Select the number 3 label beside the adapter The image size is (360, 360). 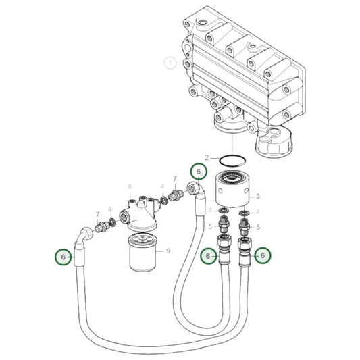[257, 197]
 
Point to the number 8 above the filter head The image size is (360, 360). [129, 186]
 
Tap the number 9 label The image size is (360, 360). [168, 251]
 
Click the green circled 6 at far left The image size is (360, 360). [63, 257]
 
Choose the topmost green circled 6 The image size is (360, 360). [198, 172]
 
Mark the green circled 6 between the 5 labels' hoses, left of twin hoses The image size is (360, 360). [209, 255]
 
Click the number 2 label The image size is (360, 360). [208, 157]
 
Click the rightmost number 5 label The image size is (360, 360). [258, 228]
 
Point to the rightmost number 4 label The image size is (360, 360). [257, 211]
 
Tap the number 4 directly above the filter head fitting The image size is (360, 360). [163, 186]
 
